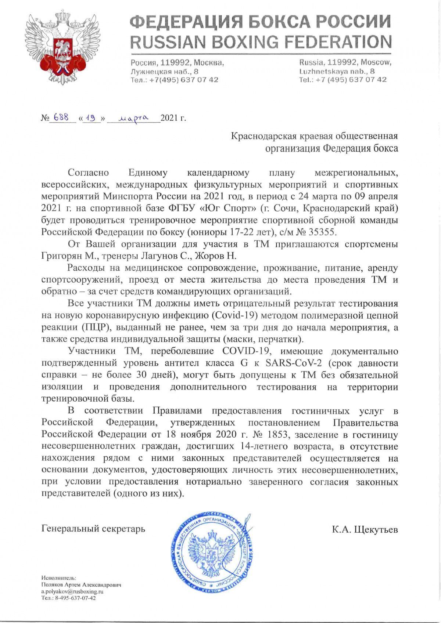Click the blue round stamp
point(212,550)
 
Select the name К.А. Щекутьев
point(365,529)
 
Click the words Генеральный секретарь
point(93,529)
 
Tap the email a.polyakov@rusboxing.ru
point(72,591)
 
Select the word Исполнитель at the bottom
point(59,578)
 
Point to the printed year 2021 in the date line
point(169,119)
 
